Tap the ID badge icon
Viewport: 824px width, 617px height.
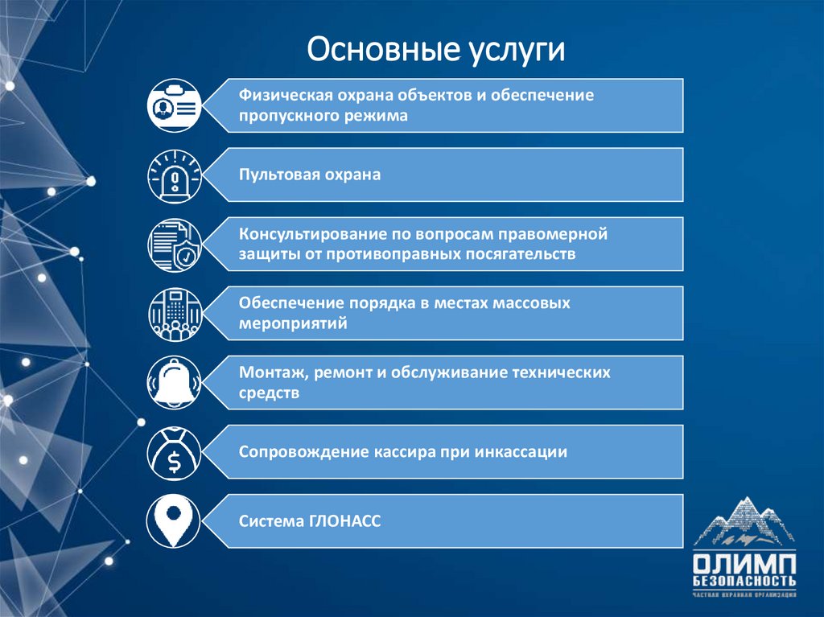[174, 105]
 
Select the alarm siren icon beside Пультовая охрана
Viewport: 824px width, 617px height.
[174, 175]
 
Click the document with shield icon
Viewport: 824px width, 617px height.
[174, 244]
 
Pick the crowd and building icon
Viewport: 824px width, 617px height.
[174, 313]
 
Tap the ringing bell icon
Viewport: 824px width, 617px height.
[174, 383]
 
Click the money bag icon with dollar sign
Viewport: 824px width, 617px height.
[174, 452]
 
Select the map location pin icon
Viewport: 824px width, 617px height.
[174, 521]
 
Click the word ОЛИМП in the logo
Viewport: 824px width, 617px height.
[744, 563]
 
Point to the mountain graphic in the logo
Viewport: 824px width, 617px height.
[744, 523]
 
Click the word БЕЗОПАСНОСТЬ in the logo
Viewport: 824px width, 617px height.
[744, 581]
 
